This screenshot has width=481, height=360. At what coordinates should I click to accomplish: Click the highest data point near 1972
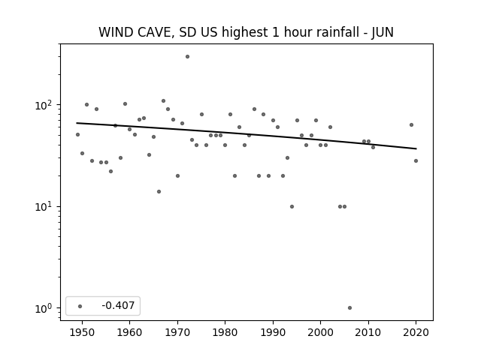point(187,57)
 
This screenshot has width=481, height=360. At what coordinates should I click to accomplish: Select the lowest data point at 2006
point(349,308)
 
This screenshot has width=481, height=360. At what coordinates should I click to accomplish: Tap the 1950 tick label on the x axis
point(82,332)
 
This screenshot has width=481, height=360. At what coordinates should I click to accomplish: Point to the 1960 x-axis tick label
point(129,332)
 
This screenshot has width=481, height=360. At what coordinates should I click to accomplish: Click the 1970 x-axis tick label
point(177,332)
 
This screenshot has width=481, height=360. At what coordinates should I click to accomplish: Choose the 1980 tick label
point(225,332)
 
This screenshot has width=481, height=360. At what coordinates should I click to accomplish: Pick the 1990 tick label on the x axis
point(273,332)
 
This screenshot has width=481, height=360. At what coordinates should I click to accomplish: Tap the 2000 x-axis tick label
point(320,332)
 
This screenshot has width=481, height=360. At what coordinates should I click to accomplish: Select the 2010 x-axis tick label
point(368,332)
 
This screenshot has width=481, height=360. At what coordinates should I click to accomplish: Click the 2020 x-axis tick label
point(416,332)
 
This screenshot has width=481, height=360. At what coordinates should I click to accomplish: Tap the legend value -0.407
point(118,305)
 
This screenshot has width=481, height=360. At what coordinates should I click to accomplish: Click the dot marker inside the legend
point(80,306)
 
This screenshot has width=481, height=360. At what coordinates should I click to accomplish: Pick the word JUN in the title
point(383,32)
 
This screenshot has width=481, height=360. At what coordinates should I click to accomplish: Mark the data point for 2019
point(411,125)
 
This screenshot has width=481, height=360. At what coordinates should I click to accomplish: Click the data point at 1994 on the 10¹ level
point(292,207)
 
